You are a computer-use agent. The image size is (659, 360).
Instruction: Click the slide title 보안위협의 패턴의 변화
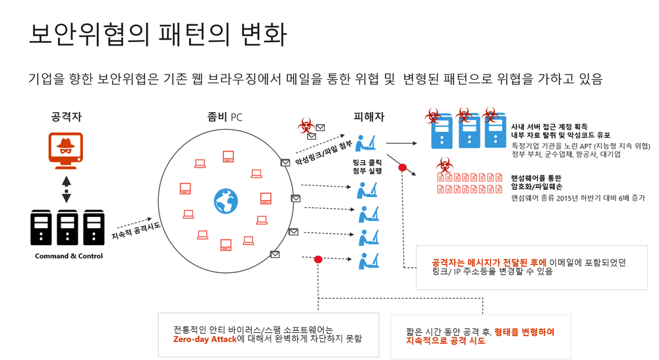coord(157,35)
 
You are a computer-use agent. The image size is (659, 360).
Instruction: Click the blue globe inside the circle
coord(225,201)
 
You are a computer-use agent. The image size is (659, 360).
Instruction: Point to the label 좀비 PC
coord(225,117)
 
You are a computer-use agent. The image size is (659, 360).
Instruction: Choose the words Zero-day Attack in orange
coord(205,339)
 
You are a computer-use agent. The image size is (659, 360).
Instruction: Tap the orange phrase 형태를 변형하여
coord(524,331)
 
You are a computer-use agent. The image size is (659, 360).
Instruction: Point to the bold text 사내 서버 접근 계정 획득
coord(549,125)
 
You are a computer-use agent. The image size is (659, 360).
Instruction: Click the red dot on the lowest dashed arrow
coord(318,259)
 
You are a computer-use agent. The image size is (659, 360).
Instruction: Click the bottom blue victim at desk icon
coord(367,260)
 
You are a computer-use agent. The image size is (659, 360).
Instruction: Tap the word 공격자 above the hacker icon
coord(66,117)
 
